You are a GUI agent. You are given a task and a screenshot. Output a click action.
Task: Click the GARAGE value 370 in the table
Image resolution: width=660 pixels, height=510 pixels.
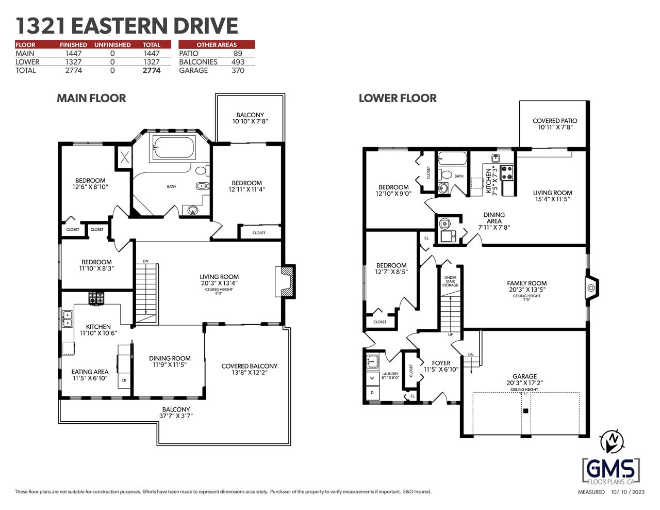pyautogui.click(x=238, y=71)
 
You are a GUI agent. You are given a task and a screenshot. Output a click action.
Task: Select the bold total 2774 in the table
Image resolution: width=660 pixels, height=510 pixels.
pyautogui.click(x=151, y=71)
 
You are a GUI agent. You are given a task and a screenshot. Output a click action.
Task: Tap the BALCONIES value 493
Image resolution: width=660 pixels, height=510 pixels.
pyautogui.click(x=238, y=62)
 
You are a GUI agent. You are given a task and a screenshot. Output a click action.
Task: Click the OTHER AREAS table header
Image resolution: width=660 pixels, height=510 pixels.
pyautogui.click(x=217, y=45)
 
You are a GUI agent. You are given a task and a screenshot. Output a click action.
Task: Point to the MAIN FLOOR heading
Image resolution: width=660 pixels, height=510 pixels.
pyautogui.click(x=91, y=98)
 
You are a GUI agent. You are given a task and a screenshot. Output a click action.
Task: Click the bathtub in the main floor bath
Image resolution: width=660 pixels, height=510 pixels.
pyautogui.click(x=173, y=147)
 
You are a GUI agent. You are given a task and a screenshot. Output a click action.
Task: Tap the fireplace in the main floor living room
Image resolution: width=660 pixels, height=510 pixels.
pyautogui.click(x=285, y=281)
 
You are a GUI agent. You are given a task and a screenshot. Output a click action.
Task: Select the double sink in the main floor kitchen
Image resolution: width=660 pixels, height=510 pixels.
pyautogui.click(x=68, y=319)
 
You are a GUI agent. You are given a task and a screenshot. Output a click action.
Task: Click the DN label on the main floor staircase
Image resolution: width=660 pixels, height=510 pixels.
pyautogui.click(x=146, y=261)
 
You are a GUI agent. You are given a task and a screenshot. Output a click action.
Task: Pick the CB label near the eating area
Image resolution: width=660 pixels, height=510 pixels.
pyautogui.click(x=124, y=380)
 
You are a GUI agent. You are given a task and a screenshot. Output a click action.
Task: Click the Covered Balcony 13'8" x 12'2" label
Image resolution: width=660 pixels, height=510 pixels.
pyautogui.click(x=250, y=369)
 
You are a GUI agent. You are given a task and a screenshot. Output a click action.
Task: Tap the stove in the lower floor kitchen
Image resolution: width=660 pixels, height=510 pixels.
pyautogui.click(x=507, y=172)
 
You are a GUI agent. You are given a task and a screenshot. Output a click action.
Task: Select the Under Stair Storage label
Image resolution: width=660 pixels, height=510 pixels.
pyautogui.click(x=450, y=281)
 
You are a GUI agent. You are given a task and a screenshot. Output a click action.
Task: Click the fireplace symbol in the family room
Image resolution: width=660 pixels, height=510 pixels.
pyautogui.click(x=591, y=288)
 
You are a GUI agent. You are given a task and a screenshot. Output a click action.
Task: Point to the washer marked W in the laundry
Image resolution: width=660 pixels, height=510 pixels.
pyautogui.click(x=372, y=378)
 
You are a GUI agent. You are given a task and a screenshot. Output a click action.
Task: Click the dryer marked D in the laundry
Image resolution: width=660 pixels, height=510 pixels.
pyautogui.click(x=372, y=393)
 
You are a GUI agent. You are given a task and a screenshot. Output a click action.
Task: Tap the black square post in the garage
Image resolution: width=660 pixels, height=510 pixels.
pyautogui.click(x=526, y=411)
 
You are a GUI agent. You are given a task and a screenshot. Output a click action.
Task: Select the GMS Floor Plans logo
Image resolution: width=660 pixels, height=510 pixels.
pyautogui.click(x=611, y=472)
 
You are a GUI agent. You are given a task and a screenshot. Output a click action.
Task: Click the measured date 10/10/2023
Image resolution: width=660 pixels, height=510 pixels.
pyautogui.click(x=628, y=500)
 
